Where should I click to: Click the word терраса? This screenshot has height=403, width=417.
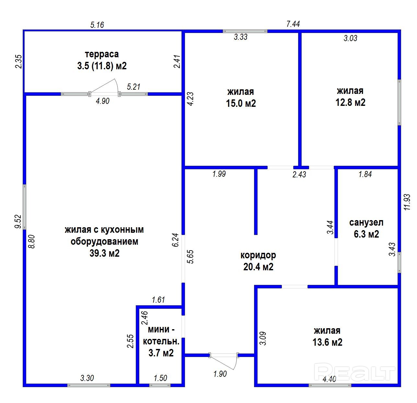102,54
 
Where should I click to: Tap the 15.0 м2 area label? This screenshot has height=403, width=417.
241,103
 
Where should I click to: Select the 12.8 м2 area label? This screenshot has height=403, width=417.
350,102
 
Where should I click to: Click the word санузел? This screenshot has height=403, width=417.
366,222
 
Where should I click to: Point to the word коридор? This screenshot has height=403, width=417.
258,255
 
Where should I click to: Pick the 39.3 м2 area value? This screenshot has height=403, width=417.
104,253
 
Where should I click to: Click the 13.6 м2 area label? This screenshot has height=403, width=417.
327,342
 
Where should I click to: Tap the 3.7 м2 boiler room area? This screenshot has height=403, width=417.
161,353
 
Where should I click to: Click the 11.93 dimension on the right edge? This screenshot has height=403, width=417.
407,202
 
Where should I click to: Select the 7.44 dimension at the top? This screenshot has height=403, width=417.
293,24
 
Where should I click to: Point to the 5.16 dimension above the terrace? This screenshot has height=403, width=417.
97,25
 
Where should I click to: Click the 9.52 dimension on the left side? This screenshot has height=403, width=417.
18,221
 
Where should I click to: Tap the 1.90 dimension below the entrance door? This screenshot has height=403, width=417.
220,374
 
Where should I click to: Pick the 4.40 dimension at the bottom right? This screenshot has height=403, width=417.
330,379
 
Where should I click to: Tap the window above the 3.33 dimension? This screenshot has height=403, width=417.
245,31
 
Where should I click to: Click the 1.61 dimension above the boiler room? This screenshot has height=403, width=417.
158,299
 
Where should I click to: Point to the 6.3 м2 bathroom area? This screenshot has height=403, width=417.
366,234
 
